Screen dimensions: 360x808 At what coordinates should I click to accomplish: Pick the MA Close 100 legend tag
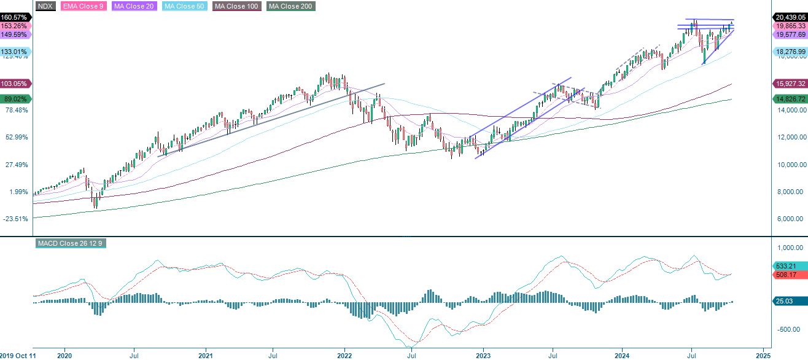237,6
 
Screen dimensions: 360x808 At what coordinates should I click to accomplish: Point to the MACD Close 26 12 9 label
71,243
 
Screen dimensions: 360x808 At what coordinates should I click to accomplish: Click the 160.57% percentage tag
15,17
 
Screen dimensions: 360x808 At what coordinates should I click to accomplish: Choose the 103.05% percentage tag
15,84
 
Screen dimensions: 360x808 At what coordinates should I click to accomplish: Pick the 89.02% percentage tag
15,99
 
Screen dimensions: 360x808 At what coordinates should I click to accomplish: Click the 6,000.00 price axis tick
790,219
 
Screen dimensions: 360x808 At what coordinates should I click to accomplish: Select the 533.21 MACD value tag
790,265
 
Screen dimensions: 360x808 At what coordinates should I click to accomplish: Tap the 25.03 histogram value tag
790,301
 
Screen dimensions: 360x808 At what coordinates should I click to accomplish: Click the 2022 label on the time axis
344,354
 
